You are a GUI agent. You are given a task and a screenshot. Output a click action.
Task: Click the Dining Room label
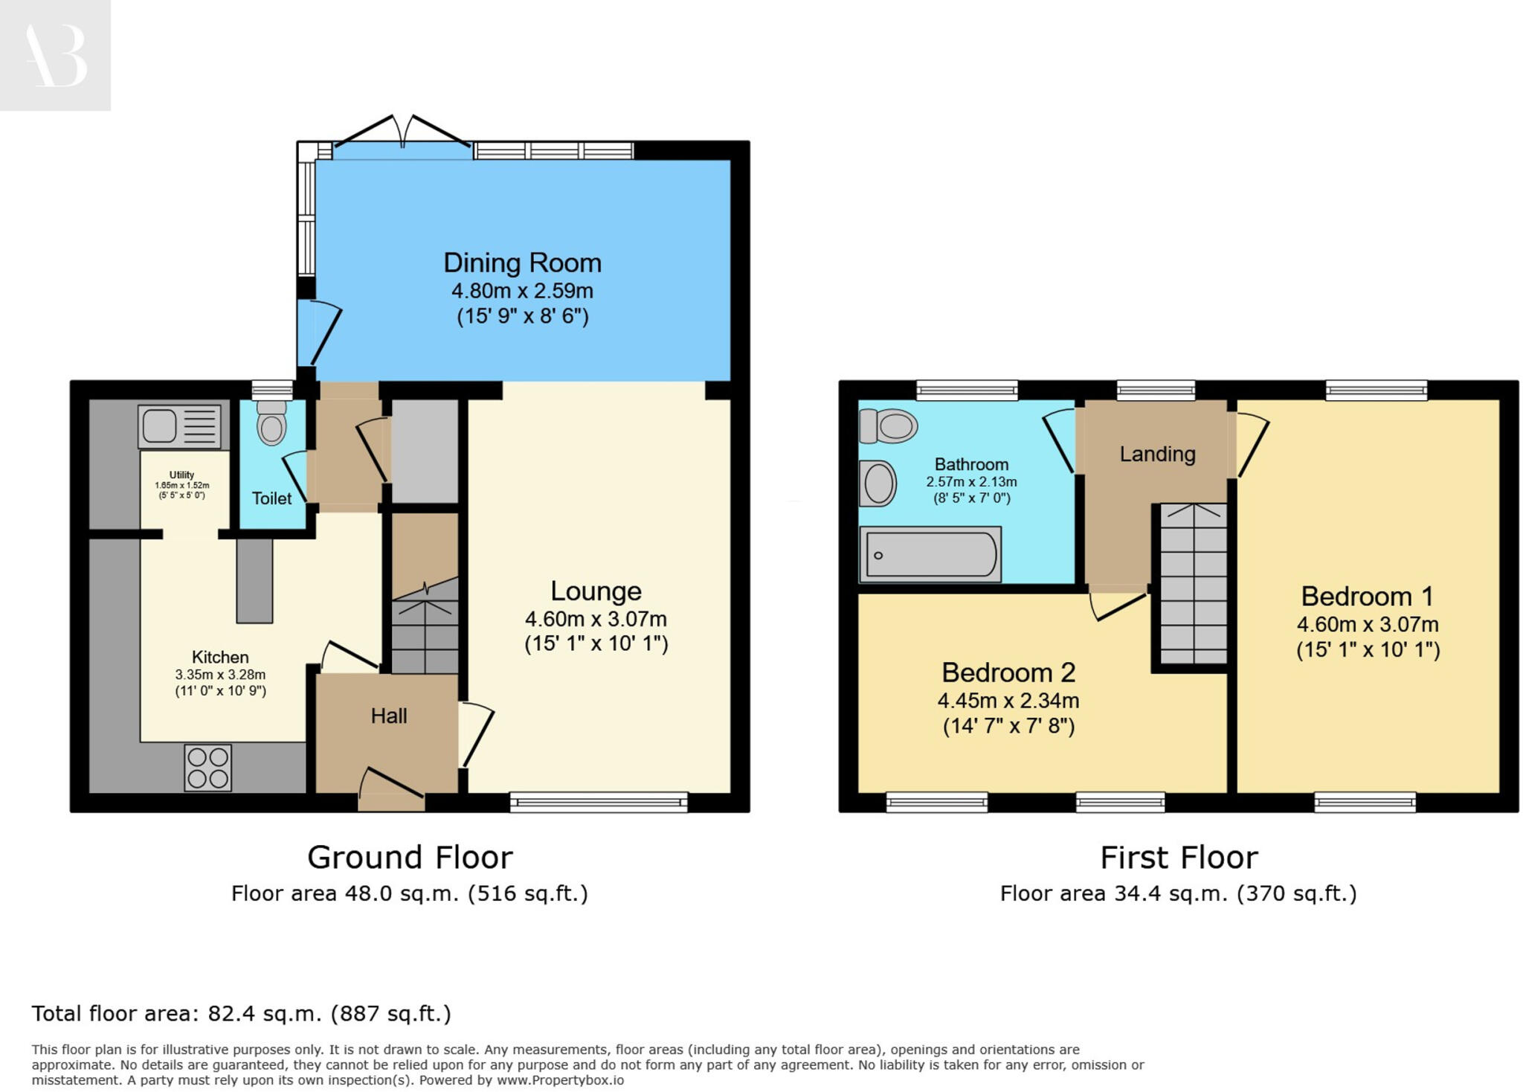coord(522,263)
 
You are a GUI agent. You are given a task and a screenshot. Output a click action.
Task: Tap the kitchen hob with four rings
coord(207,768)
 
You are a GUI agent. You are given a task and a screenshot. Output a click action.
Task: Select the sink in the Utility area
coord(179,427)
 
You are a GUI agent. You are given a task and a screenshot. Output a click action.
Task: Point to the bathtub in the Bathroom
coord(930,554)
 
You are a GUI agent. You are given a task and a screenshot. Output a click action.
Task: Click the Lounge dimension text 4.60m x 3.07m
coord(596,619)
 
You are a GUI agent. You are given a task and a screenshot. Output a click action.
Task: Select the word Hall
coord(389,716)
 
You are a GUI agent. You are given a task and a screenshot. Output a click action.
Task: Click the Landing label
coord(1157,454)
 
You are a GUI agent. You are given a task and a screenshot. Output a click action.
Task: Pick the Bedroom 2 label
coord(1008,672)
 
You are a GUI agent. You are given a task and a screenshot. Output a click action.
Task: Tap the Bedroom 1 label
coord(1367,597)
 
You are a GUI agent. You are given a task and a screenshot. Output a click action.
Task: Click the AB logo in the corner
coord(55,56)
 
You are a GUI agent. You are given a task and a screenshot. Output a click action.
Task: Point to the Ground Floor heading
coord(410,858)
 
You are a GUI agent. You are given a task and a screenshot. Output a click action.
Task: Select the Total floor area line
coord(241,1014)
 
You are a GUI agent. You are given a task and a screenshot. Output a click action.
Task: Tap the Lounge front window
coord(599,802)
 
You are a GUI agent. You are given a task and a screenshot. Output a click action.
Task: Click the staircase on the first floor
coord(1193,583)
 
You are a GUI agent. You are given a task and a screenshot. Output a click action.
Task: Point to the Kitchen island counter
coord(254,580)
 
